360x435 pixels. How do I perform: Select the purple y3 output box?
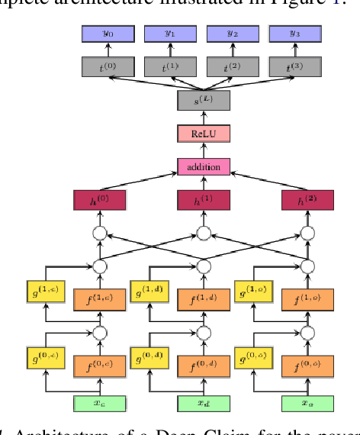point(293,34)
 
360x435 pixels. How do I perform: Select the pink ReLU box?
point(203,134)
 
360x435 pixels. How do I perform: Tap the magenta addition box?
point(203,166)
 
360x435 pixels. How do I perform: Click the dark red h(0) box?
point(99,201)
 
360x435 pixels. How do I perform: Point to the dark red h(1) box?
point(203,201)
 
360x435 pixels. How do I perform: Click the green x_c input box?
point(99,402)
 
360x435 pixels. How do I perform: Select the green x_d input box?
point(203,402)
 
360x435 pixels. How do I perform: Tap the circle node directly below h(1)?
point(203,233)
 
